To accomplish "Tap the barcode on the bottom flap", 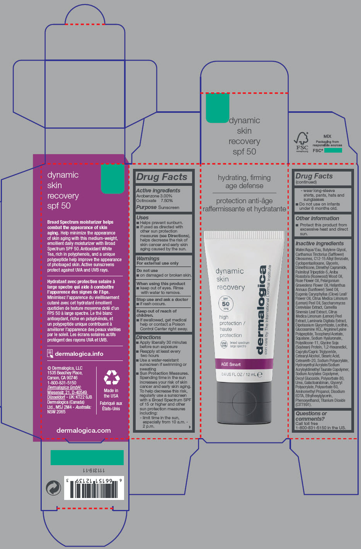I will click(x=94, y=489).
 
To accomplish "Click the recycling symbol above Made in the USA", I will click(x=111, y=377).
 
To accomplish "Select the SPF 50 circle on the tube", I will click(x=226, y=304).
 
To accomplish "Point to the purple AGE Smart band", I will click(x=244, y=364).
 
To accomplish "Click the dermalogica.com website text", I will click(x=83, y=430).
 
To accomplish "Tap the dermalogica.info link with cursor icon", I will click(x=79, y=354).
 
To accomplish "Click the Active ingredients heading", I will click(x=158, y=190).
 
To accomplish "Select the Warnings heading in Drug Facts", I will click(x=148, y=258).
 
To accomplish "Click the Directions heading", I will click(x=148, y=337).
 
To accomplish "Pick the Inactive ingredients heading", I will click(x=319, y=243).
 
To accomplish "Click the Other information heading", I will click(x=317, y=218).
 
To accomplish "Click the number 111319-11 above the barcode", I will click(x=94, y=470).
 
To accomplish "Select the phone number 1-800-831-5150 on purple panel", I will click(x=62, y=382).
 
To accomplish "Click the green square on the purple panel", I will click(x=112, y=179).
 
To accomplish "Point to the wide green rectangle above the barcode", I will click(x=87, y=457).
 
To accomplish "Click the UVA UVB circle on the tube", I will click(x=224, y=344).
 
